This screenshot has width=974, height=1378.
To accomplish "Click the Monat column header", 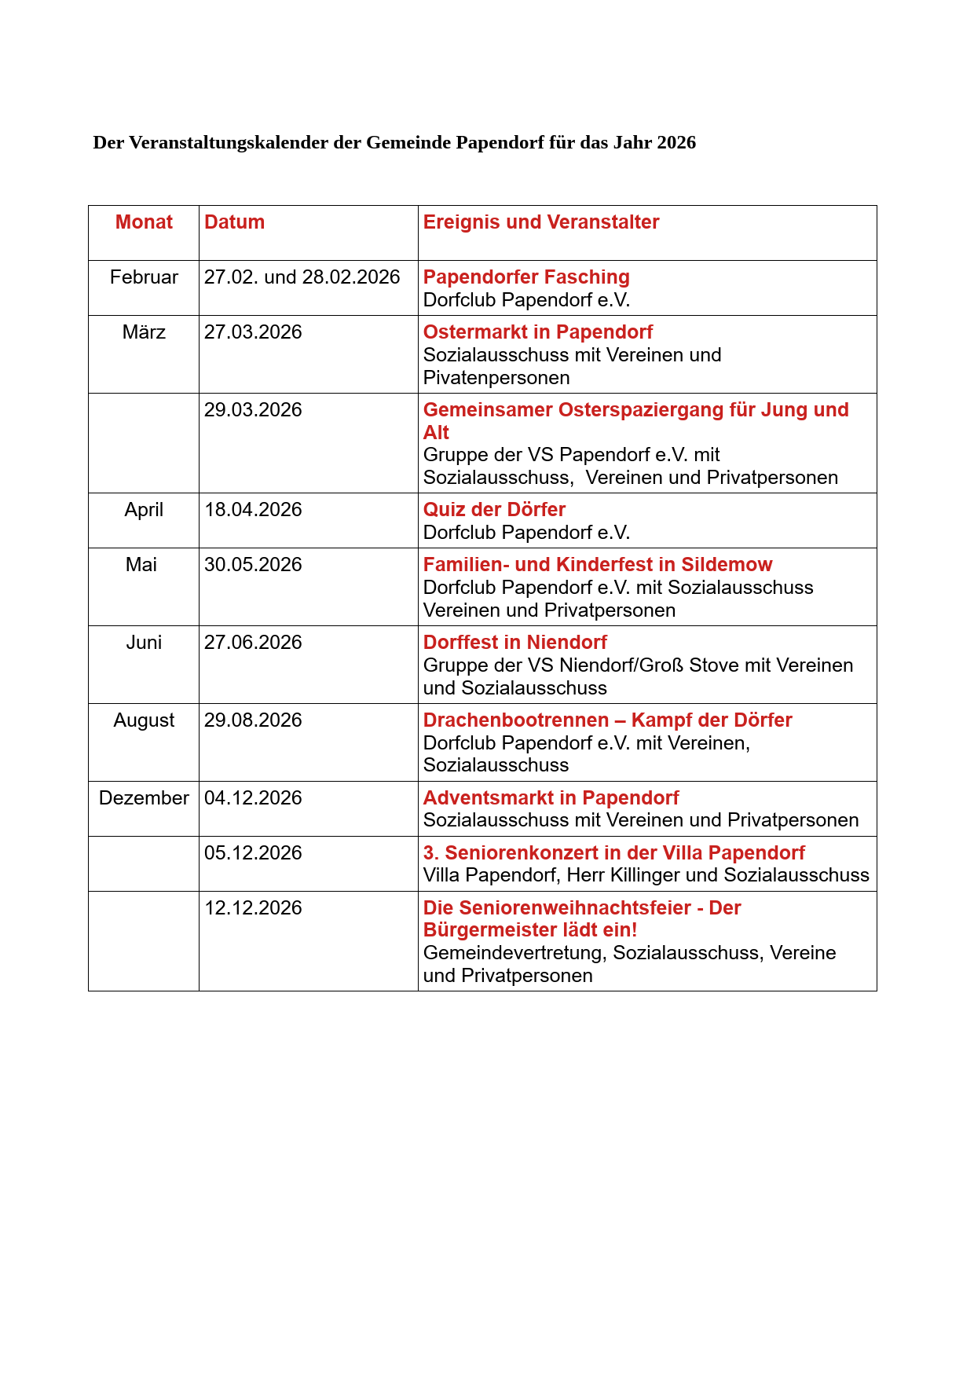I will [144, 222].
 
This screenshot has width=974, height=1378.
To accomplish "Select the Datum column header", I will [234, 222].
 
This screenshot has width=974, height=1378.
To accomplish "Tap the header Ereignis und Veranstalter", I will [541, 222].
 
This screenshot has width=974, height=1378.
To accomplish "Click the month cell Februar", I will [144, 277].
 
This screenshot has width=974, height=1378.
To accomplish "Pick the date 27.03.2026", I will [253, 332].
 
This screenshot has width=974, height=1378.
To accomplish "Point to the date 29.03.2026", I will [253, 410].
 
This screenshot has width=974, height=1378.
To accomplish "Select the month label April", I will [144, 510].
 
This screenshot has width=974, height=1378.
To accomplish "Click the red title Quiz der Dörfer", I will [494, 510].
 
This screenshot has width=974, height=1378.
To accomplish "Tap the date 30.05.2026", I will [253, 565].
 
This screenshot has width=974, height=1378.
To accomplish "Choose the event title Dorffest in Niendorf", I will [515, 643].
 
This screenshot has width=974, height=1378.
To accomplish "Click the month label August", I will [144, 720].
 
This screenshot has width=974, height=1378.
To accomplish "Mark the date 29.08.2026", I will [253, 720].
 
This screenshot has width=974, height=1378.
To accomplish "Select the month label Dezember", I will [144, 798].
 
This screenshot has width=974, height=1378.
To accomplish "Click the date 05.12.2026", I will [253, 853].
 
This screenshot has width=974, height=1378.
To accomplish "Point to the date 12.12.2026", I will [253, 908].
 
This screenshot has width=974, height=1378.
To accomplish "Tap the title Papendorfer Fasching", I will [526, 277].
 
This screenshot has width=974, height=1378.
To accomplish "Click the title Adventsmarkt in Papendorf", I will [551, 798].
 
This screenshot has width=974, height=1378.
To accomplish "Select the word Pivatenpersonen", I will [496, 378].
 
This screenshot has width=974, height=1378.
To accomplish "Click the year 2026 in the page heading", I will [676, 142].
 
